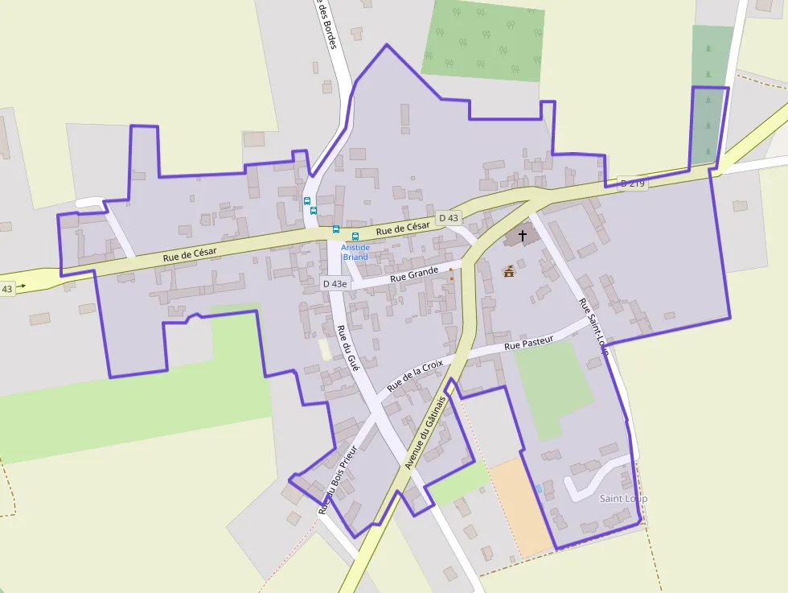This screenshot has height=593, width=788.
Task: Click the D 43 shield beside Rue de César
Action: [x=448, y=218]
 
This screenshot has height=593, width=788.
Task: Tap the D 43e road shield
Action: [x=334, y=283]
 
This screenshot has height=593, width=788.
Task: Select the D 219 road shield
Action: [x=633, y=183]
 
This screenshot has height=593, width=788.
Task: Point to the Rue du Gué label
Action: [x=347, y=347]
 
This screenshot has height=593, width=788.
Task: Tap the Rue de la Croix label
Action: [x=415, y=375]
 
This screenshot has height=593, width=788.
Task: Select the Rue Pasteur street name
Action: [x=528, y=344]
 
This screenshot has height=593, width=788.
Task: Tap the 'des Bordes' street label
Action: [x=326, y=24]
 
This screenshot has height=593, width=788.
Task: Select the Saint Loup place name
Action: [x=623, y=499]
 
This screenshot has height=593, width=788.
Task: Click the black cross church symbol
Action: [x=523, y=236]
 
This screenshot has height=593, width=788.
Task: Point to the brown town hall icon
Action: [x=508, y=271]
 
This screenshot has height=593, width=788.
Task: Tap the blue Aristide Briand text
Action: [x=355, y=252]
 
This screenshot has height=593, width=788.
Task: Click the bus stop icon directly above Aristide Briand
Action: [x=355, y=237]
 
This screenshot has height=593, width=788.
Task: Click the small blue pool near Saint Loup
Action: [x=539, y=488]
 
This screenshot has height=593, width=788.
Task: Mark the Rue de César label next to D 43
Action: [x=403, y=229]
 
